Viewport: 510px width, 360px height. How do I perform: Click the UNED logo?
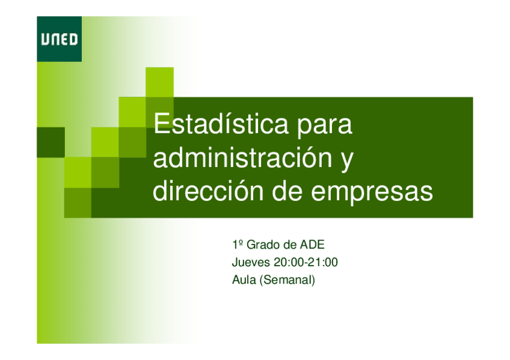click(x=59, y=39)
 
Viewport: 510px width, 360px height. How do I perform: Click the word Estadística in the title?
click(x=221, y=123)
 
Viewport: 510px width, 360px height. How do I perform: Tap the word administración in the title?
click(x=242, y=157)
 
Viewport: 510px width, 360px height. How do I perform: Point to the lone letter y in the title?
click(x=347, y=161)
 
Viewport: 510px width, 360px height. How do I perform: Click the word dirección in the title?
click(x=208, y=191)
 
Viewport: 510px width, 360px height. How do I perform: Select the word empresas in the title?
click(x=372, y=194)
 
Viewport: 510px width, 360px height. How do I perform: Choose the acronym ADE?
click(x=312, y=245)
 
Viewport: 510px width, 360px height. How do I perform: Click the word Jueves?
click(x=251, y=262)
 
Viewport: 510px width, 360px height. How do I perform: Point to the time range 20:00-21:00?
click(x=306, y=262)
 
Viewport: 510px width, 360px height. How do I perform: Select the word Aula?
click(x=244, y=279)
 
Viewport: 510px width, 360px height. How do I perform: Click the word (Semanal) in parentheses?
click(x=287, y=280)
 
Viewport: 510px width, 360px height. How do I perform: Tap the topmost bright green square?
click(x=159, y=82)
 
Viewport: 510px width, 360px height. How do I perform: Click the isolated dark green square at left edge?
click(x=51, y=142)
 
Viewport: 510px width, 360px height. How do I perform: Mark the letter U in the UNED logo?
click(x=45, y=39)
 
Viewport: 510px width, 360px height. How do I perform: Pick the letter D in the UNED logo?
click(x=73, y=39)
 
